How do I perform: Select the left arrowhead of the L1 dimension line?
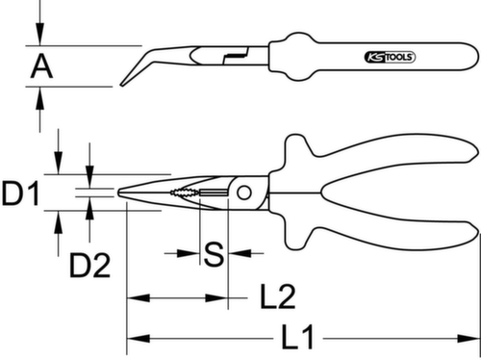click(134, 338)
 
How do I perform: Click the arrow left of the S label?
click(188, 254)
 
